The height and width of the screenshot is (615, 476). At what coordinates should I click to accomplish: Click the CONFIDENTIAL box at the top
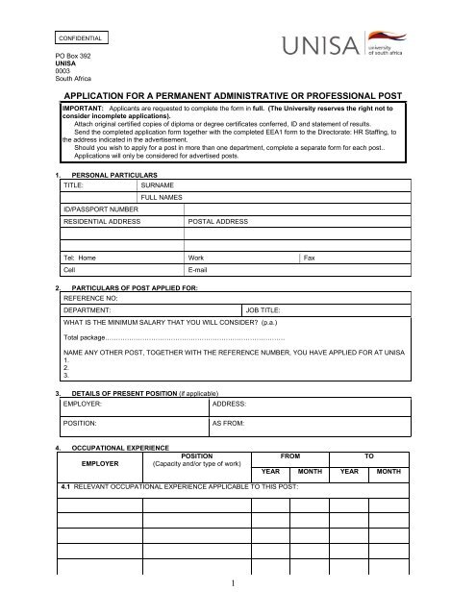click(82, 39)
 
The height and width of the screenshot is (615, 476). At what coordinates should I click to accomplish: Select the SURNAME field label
click(160, 184)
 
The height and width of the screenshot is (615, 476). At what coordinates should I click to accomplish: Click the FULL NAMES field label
click(165, 196)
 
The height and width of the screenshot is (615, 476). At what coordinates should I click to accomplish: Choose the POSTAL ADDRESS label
click(218, 221)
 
